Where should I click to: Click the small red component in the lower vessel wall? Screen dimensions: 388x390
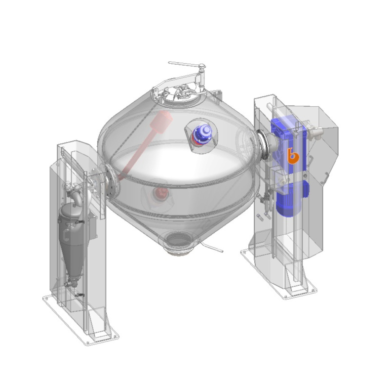[159, 193]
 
